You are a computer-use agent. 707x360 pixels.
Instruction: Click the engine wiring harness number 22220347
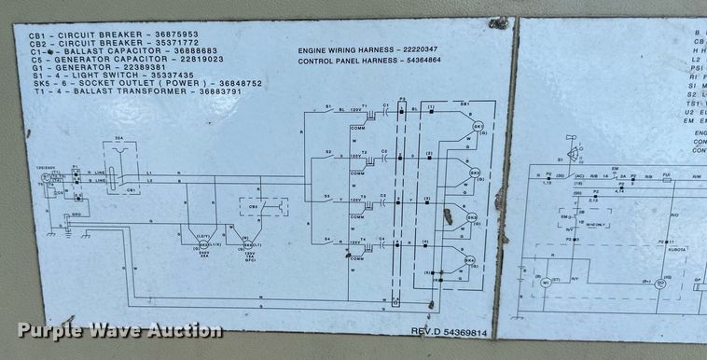(x=434, y=48)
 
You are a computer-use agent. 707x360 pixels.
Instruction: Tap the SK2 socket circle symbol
(x=473, y=173)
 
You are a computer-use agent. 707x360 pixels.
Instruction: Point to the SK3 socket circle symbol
(x=472, y=219)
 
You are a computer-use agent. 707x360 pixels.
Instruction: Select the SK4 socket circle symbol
(x=470, y=261)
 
